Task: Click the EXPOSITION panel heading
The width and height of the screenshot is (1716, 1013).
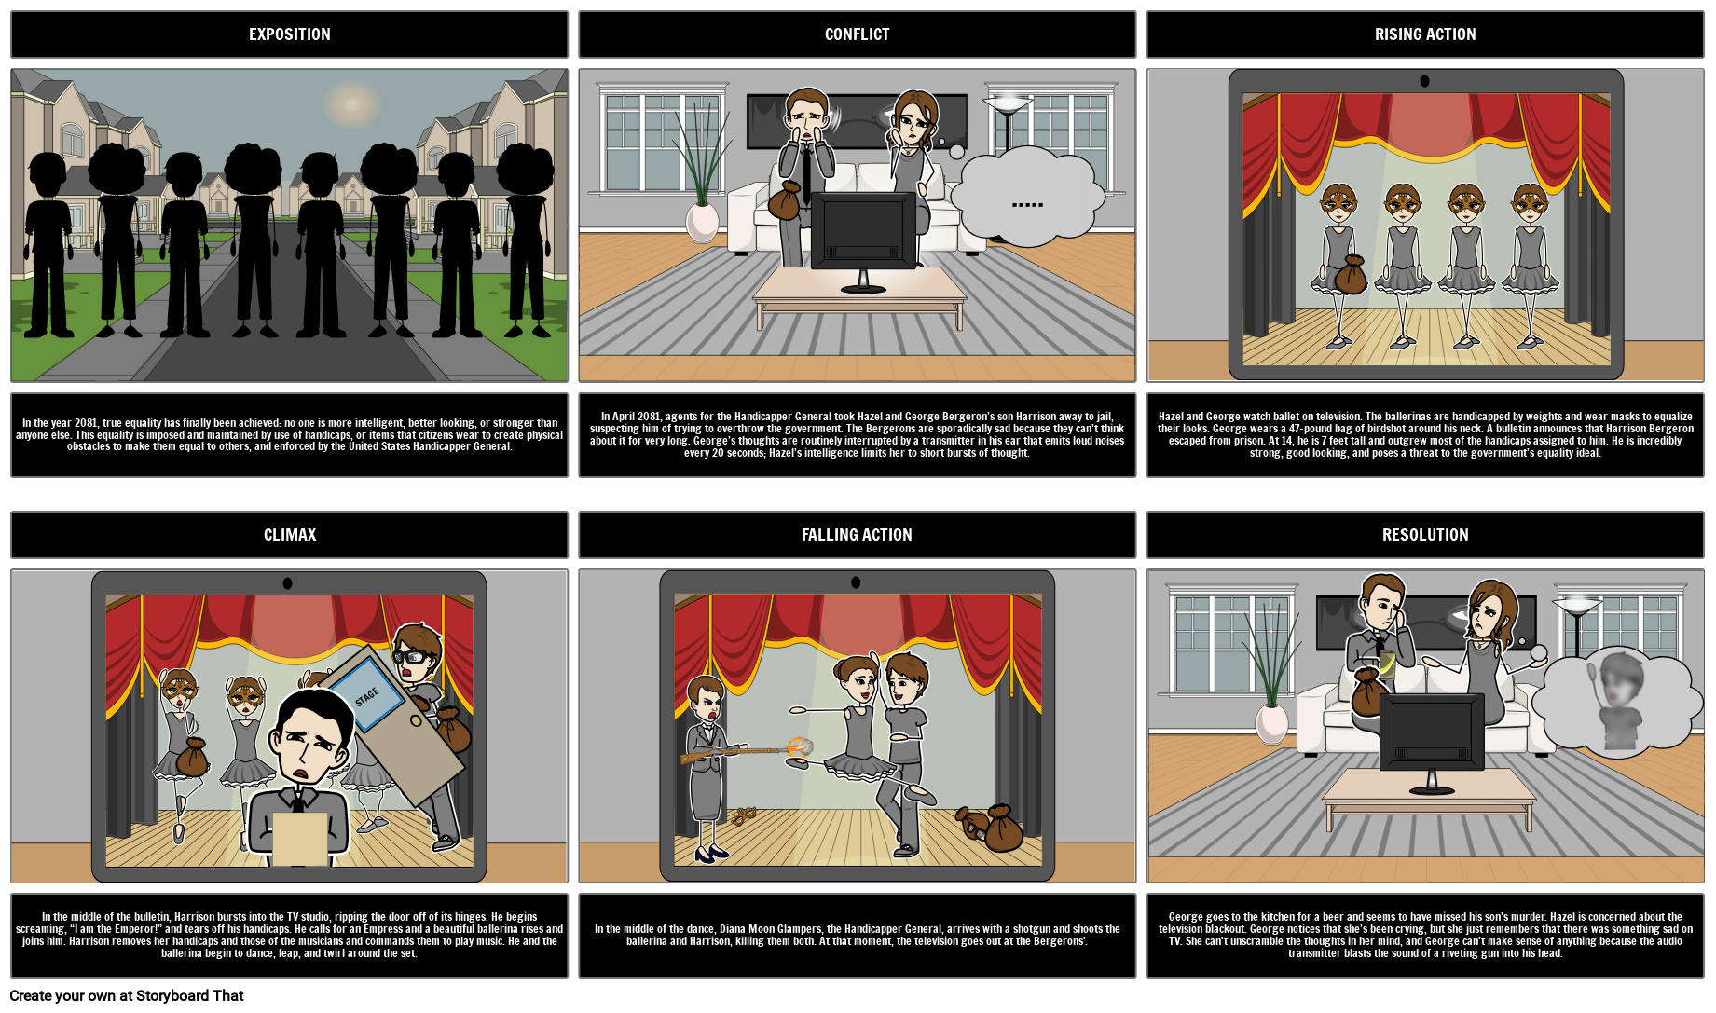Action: tap(289, 34)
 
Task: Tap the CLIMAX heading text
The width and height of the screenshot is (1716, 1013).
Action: tap(290, 535)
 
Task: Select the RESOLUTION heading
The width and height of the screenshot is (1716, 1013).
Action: tap(1425, 535)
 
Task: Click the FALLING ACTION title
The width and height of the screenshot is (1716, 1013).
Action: tap(857, 535)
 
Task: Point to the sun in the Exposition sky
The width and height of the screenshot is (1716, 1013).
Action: tap(351, 103)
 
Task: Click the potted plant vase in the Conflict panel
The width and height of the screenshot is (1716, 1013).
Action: tap(702, 222)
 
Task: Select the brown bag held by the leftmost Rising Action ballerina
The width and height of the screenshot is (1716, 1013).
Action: tap(1349, 275)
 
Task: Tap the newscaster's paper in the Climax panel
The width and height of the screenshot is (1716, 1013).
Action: tap(299, 839)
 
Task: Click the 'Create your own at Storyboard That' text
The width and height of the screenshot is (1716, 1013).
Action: tap(127, 995)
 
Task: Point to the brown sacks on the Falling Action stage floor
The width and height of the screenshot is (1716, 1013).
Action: tap(991, 827)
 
